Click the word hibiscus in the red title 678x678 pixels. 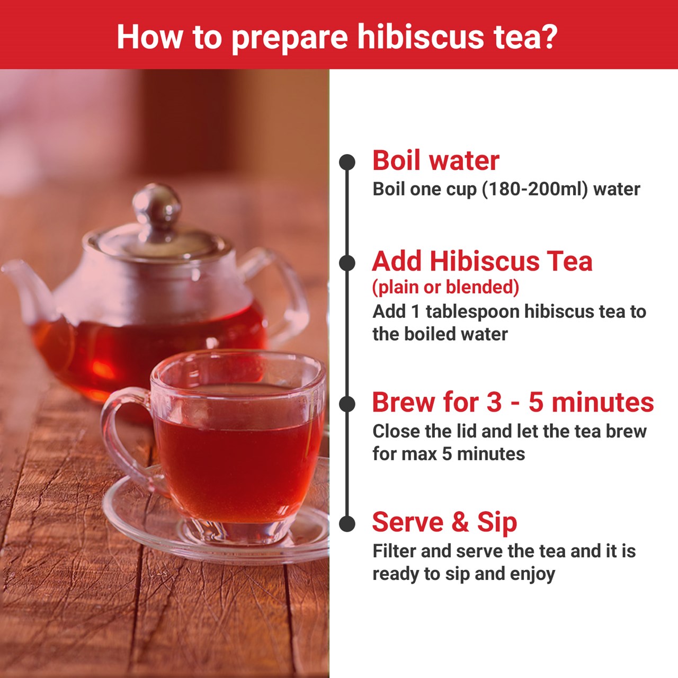pos(421,37)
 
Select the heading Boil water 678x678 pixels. pos(436,160)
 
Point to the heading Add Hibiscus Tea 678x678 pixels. pos(483,262)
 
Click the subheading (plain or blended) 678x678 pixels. pos(446,287)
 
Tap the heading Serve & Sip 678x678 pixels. pos(445,522)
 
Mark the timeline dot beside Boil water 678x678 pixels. pos(347,162)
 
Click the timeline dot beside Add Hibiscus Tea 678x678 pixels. pos(347,263)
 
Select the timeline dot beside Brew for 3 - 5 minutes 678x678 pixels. pos(347,404)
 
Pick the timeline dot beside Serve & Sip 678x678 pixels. pos(347,524)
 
